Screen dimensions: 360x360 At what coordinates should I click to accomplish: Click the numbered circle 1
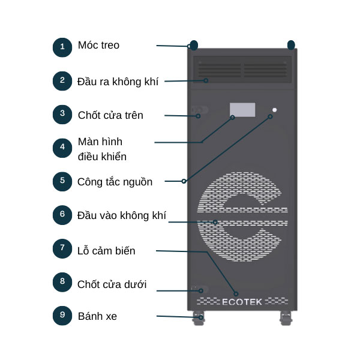point(62,47)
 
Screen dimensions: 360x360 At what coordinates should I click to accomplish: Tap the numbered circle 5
point(62,181)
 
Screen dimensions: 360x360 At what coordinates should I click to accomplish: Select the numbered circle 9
point(62,316)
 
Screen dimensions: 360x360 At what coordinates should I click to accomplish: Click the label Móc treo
point(98,45)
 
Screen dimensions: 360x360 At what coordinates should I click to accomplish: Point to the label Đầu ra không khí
point(118,82)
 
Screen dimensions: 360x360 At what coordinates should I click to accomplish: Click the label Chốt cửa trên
point(110,115)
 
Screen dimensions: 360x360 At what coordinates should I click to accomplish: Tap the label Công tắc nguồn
point(115,182)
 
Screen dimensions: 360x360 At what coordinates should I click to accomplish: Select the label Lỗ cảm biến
point(106,251)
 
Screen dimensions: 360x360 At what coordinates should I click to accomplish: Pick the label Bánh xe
point(97,316)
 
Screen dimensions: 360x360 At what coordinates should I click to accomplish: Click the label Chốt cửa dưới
point(112,284)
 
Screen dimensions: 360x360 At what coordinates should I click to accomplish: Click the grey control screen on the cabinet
point(242,110)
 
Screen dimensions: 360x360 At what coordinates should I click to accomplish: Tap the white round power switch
point(274,110)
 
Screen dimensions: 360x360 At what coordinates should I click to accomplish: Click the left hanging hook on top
point(194,45)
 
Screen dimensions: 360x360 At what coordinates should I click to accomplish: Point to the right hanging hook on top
point(291,45)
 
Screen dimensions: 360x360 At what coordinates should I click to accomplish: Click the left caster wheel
point(199,318)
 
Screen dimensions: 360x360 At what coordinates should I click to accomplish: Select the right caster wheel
point(286,318)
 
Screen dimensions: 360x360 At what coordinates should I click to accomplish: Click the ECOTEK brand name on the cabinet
point(242,302)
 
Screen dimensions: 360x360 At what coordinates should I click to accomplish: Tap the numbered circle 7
point(62,248)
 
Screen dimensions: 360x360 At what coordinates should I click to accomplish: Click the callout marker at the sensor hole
point(236,293)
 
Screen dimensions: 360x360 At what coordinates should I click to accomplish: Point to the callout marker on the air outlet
point(206,80)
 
